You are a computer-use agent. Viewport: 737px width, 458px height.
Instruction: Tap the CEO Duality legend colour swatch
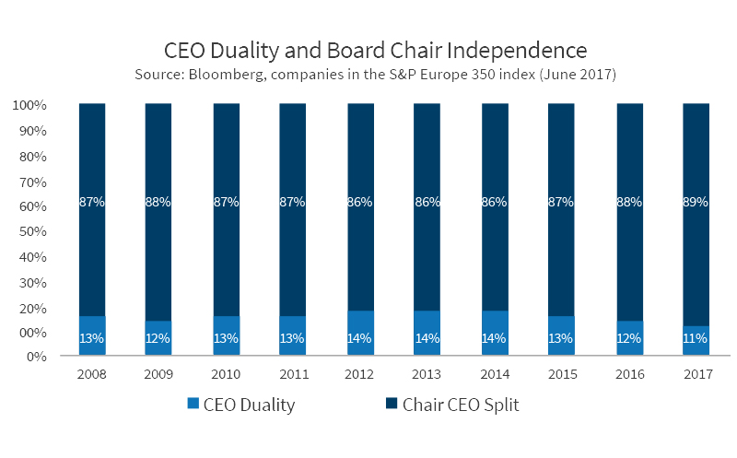click(192, 404)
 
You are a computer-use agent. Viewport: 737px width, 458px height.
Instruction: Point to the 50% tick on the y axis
click(30, 231)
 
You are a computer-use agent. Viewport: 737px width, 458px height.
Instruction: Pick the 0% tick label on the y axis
click(34, 357)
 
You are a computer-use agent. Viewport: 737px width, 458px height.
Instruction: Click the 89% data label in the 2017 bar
click(696, 202)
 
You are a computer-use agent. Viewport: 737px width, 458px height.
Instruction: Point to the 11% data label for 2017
click(696, 338)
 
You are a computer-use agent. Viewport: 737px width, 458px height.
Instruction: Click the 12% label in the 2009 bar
click(158, 338)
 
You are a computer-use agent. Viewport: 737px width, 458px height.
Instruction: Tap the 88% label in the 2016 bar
click(629, 202)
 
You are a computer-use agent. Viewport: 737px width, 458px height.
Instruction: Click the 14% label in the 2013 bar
click(427, 338)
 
